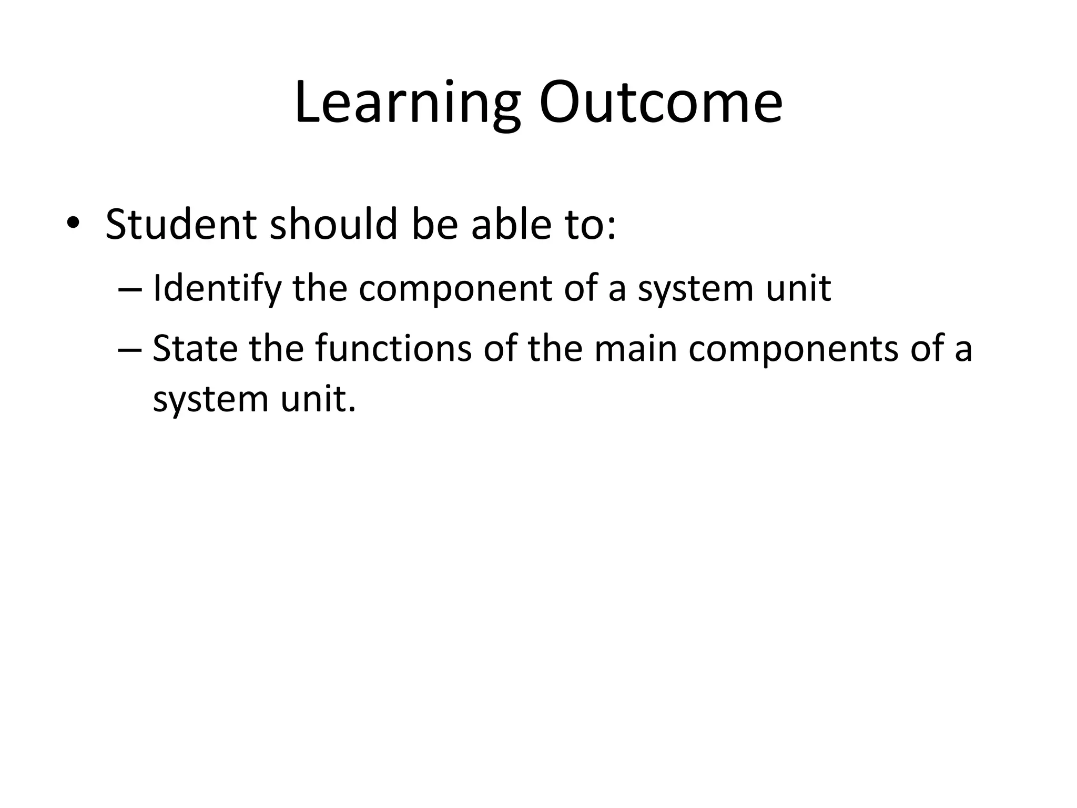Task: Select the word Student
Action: tap(181, 225)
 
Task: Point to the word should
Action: tap(333, 225)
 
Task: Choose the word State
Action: tap(195, 349)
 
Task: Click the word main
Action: tap(635, 349)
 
